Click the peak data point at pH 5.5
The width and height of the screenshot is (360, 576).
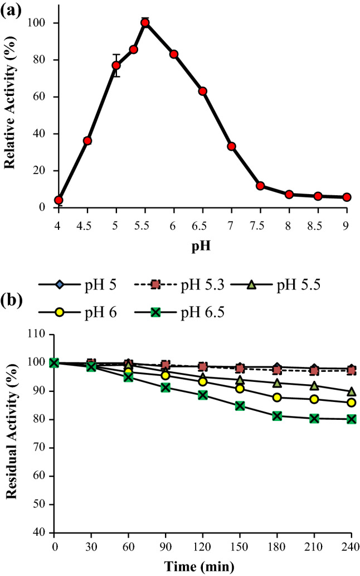145,23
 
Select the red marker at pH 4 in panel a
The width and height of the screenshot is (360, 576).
59,200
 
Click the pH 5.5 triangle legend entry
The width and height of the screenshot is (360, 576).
267,285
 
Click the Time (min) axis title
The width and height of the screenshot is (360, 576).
202,567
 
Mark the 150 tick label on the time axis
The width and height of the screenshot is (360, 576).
240,544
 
